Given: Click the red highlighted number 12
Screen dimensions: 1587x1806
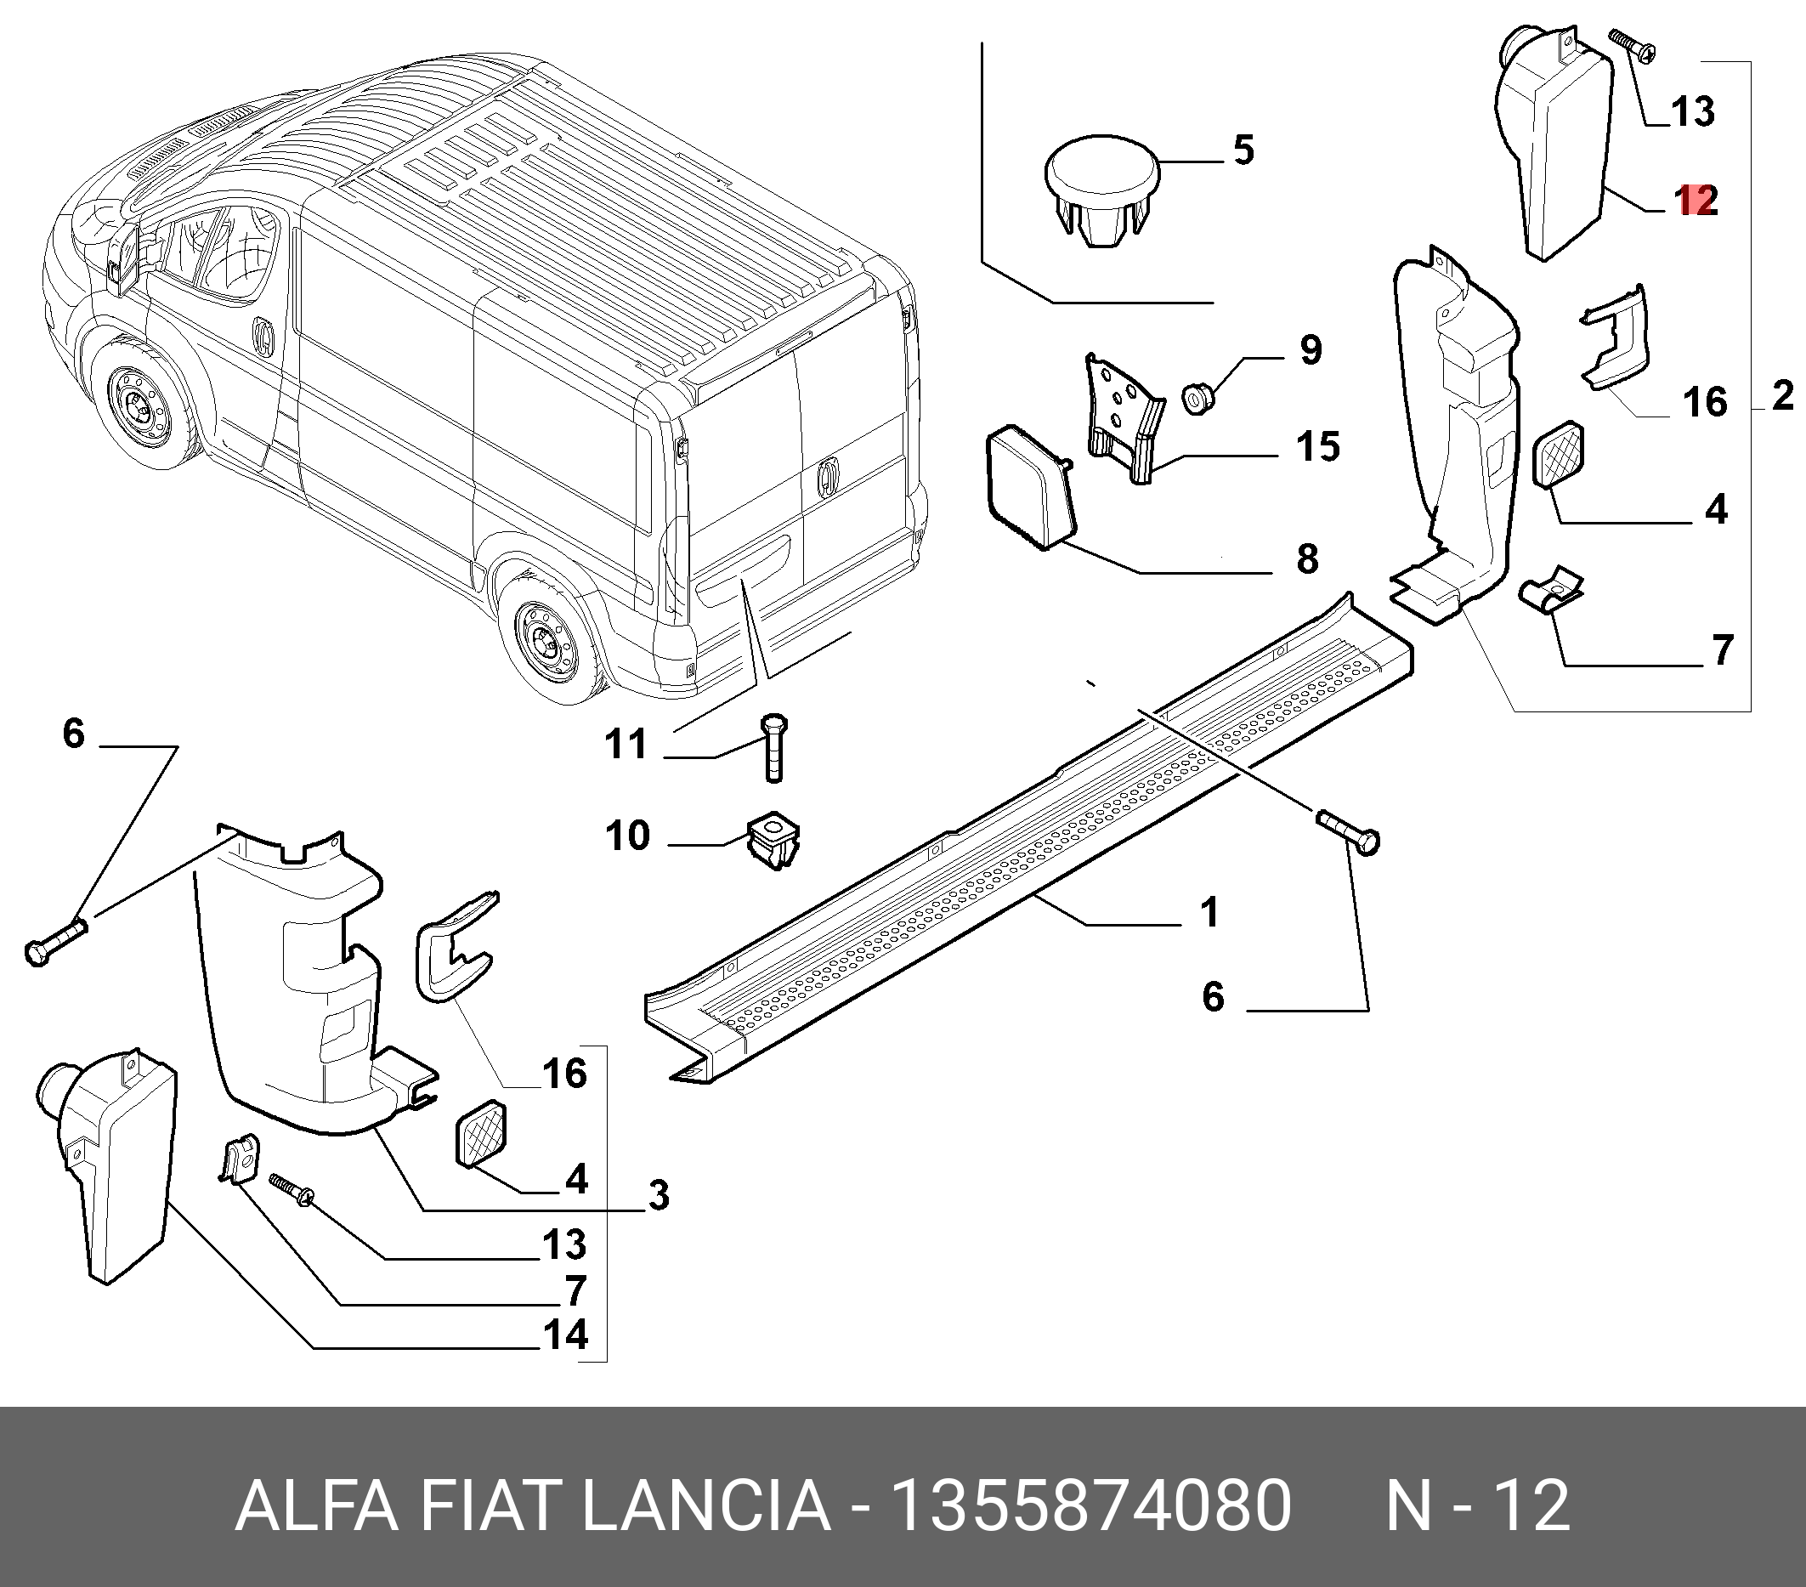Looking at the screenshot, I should (1696, 201).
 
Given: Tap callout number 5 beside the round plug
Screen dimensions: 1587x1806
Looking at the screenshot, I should (1243, 150).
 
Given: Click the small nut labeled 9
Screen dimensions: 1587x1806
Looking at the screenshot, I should (1199, 399).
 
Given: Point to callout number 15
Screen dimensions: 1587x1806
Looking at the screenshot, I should (1317, 447).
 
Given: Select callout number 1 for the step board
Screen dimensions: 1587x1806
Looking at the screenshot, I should (1209, 912).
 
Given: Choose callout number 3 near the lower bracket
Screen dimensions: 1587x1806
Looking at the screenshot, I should (659, 1194).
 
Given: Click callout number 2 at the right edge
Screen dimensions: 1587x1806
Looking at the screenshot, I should (1782, 395).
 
